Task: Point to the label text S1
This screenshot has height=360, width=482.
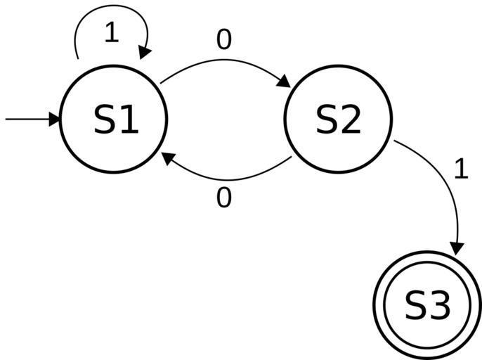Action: [x=116, y=120]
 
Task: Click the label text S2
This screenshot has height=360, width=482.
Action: [x=338, y=120]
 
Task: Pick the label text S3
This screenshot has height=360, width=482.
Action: [x=427, y=306]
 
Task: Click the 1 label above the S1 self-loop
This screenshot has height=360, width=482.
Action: [x=111, y=32]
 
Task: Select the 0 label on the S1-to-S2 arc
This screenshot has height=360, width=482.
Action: [x=223, y=41]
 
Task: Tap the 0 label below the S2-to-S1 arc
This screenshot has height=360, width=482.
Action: [x=223, y=199]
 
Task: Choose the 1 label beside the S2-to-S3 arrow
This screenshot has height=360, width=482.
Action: [x=461, y=169]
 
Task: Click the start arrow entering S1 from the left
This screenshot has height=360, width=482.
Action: [x=28, y=120]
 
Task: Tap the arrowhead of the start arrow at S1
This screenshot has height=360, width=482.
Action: [x=55, y=120]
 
